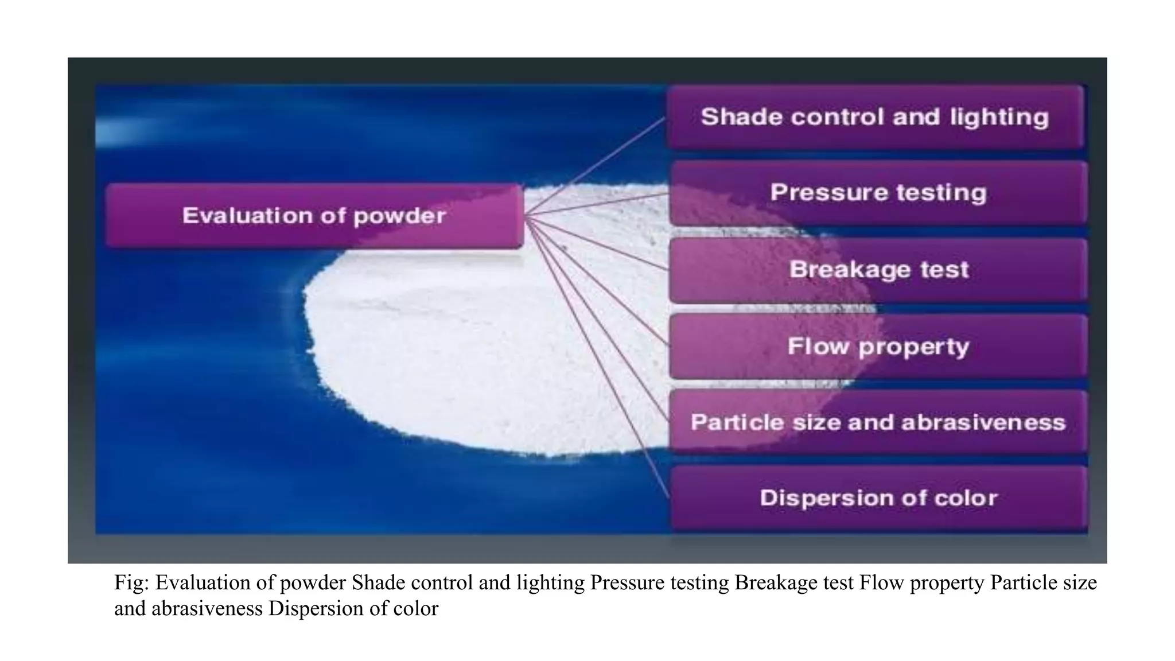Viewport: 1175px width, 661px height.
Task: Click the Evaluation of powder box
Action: pos(314,216)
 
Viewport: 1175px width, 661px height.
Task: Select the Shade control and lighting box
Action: pos(875,117)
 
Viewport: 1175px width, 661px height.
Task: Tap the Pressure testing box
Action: pos(878,193)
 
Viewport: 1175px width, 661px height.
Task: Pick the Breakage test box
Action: pos(878,270)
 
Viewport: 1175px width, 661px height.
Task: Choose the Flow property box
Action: pos(878,346)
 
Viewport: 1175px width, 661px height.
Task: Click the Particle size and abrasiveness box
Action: pos(878,422)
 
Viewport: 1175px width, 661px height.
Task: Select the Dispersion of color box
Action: pos(878,498)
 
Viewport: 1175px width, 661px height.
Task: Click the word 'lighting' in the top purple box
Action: pos(999,118)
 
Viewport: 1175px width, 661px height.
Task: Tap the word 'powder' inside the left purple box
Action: pos(399,216)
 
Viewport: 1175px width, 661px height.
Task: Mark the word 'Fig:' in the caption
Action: pos(131,583)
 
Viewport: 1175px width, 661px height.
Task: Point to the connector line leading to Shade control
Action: pos(597,166)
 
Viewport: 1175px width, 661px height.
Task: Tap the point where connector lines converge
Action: pos(526,216)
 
